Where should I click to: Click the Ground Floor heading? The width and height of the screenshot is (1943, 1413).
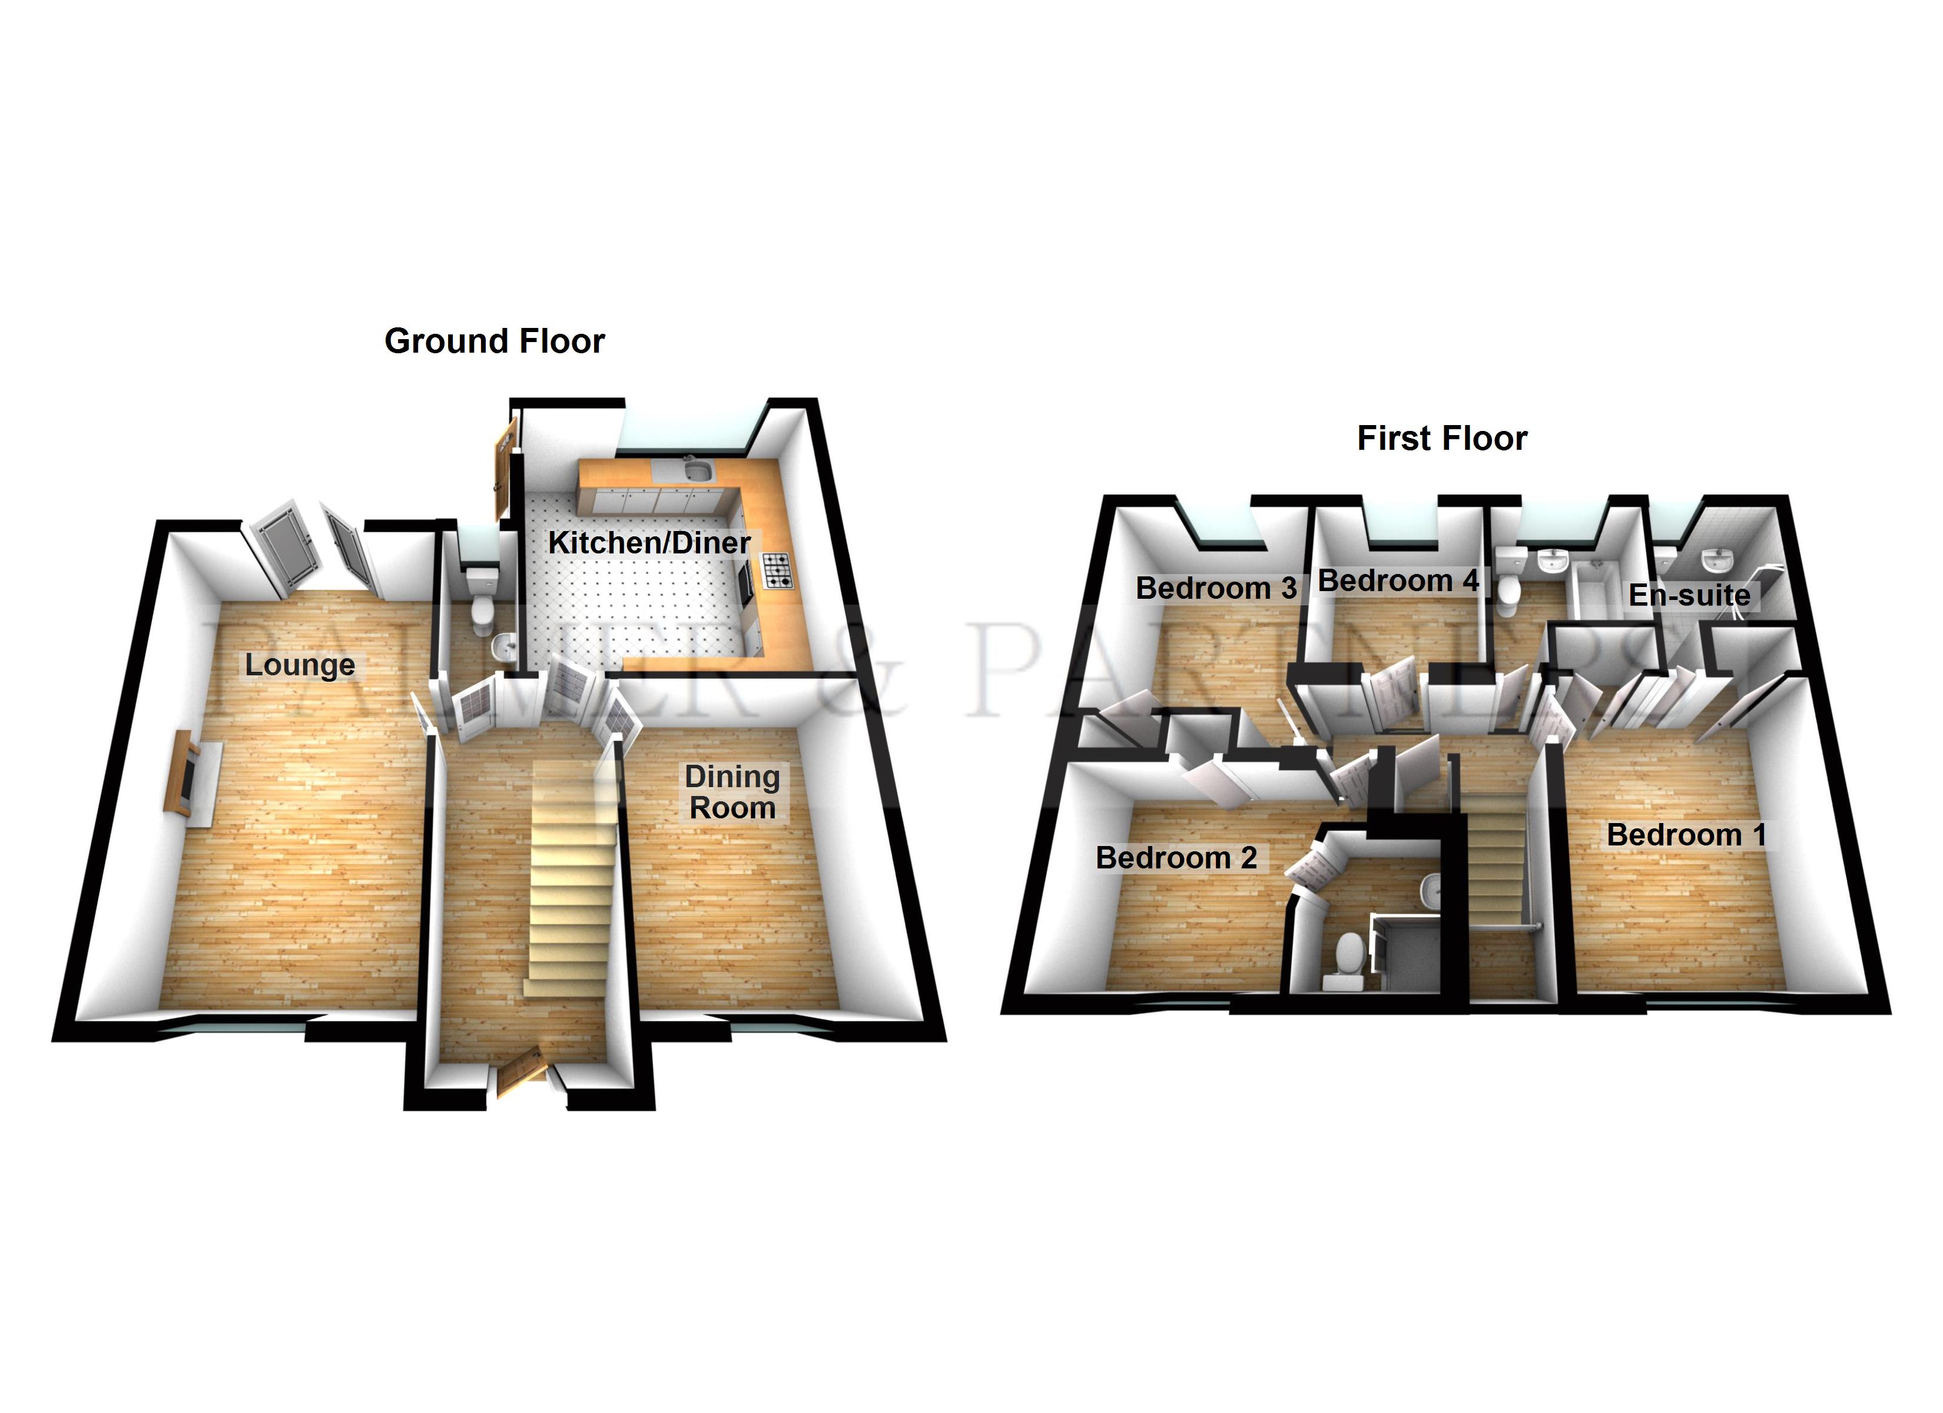(495, 341)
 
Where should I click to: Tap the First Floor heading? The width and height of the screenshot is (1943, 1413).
(1442, 439)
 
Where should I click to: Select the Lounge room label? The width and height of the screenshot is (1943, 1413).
(300, 665)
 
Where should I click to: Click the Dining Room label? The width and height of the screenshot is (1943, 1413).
(732, 792)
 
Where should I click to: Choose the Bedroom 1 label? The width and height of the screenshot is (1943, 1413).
(1686, 835)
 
